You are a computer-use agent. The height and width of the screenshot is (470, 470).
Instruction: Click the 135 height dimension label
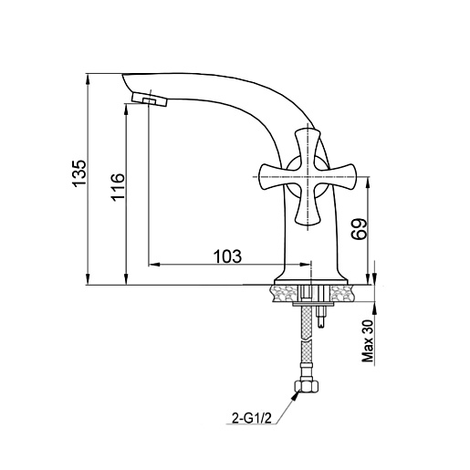pyautogui.click(x=79, y=172)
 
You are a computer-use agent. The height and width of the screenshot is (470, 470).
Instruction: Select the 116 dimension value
pyautogui.click(x=118, y=186)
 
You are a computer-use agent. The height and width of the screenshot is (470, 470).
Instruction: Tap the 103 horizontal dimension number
pyautogui.click(x=227, y=256)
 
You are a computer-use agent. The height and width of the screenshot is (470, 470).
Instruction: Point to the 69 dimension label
pyautogui.click(x=359, y=229)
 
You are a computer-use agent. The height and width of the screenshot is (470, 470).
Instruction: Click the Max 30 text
pyautogui.click(x=368, y=341)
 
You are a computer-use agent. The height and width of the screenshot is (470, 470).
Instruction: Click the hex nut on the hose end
pyautogui.click(x=307, y=386)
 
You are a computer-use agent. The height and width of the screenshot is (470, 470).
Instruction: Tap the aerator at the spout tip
pyautogui.click(x=150, y=99)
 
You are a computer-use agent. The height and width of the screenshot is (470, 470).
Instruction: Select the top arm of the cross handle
pyautogui.click(x=308, y=146)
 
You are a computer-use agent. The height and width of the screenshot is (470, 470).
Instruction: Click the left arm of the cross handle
pyautogui.click(x=274, y=177)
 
